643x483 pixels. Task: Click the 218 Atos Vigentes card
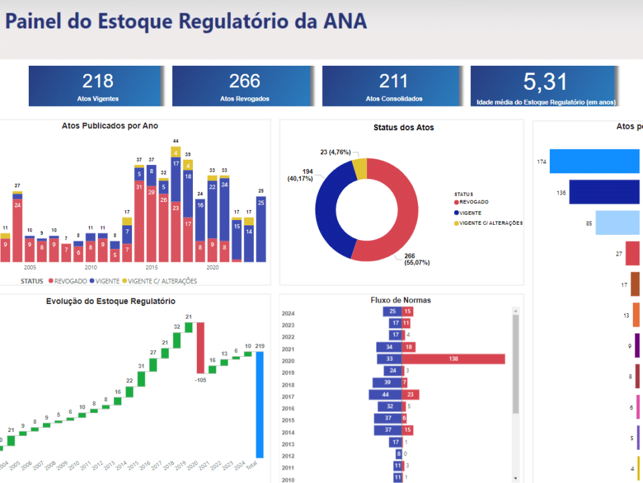[x=97, y=86]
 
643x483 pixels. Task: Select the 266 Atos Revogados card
[x=244, y=86]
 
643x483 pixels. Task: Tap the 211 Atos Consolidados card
[x=393, y=86]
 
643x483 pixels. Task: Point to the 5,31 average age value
[x=545, y=83]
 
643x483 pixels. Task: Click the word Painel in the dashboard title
[x=33, y=21]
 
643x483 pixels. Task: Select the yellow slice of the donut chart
[x=360, y=168]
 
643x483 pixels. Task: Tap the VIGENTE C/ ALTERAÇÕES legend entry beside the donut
[x=488, y=223]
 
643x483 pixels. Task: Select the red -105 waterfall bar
[x=200, y=348]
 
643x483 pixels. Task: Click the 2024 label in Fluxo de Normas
[x=288, y=313]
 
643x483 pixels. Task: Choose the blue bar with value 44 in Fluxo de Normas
[x=384, y=394]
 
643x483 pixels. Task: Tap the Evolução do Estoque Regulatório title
[x=111, y=301]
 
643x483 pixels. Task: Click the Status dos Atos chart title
[x=403, y=127]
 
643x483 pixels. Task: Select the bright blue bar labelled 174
[x=596, y=162]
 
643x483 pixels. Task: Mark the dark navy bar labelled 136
[x=605, y=193]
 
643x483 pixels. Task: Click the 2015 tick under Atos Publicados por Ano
[x=152, y=267]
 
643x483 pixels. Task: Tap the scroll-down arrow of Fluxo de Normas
[x=515, y=477]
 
